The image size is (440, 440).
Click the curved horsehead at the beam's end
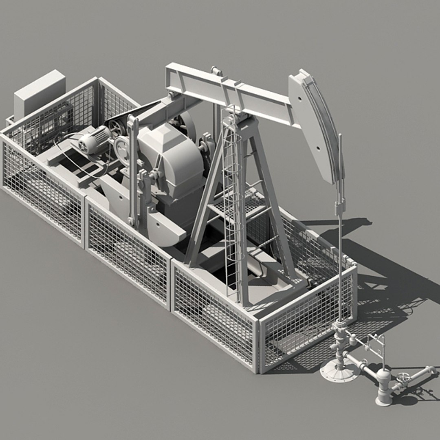pos(316,126)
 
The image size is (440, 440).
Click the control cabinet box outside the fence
pos(40,93)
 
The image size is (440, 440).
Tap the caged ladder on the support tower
pos(231,204)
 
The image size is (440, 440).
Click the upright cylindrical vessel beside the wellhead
pos(383,385)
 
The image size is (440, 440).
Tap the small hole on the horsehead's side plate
pos(300,98)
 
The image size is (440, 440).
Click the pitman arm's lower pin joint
pos(132,221)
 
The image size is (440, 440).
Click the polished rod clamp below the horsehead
pos(339,208)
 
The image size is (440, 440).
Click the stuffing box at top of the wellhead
pos(339,326)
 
